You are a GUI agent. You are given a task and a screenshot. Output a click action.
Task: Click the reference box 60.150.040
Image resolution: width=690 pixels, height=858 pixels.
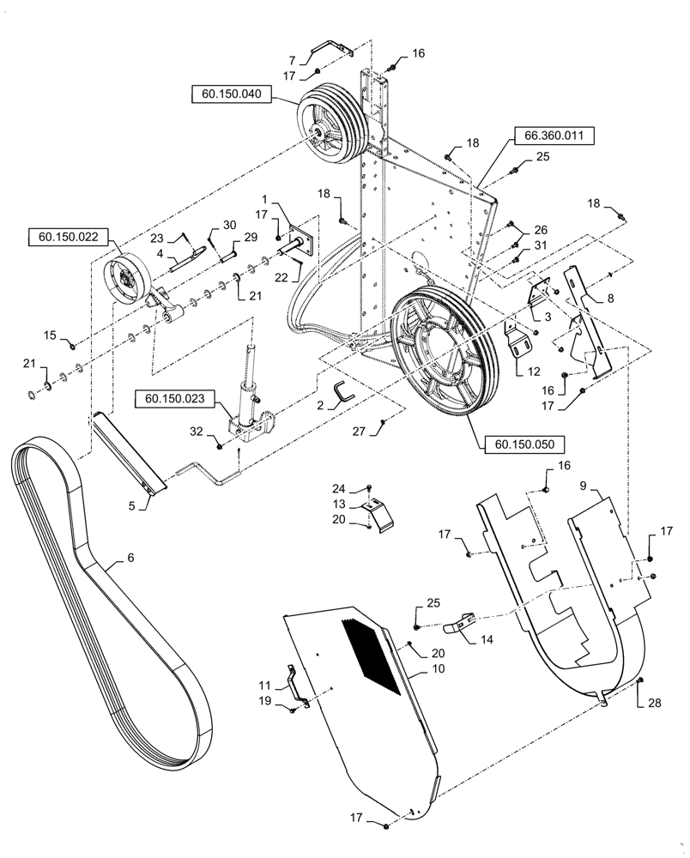[232, 94]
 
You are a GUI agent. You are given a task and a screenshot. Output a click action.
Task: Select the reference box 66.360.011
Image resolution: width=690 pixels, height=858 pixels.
[554, 136]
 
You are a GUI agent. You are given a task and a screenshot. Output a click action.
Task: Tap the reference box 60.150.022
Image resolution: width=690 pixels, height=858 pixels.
[69, 237]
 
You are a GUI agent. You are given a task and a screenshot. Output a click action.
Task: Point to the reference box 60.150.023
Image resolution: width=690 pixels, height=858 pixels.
[175, 399]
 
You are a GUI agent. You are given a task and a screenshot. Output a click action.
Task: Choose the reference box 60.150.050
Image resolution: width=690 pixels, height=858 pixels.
[524, 444]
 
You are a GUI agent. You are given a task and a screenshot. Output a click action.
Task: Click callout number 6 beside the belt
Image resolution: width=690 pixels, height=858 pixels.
[130, 558]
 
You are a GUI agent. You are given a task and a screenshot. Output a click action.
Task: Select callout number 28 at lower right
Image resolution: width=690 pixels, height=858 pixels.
[655, 703]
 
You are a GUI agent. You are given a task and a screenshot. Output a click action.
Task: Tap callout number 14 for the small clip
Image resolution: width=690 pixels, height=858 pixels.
[486, 639]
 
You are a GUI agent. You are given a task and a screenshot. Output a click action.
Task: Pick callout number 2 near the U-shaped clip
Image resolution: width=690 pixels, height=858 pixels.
[321, 406]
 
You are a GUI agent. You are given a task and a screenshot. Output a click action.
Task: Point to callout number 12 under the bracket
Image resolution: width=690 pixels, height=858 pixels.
[533, 372]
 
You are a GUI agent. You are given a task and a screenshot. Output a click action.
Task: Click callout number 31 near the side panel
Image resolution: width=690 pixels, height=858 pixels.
[540, 245]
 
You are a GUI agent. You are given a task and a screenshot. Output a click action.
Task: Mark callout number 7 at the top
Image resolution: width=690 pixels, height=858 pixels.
[292, 60]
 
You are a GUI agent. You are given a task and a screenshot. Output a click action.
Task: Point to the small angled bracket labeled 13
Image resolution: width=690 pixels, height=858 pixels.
[379, 513]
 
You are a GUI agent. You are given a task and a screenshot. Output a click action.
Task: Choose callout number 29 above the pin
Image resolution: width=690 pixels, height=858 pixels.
[251, 237]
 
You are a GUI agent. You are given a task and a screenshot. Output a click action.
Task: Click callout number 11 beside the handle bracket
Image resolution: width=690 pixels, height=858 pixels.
[265, 685]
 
